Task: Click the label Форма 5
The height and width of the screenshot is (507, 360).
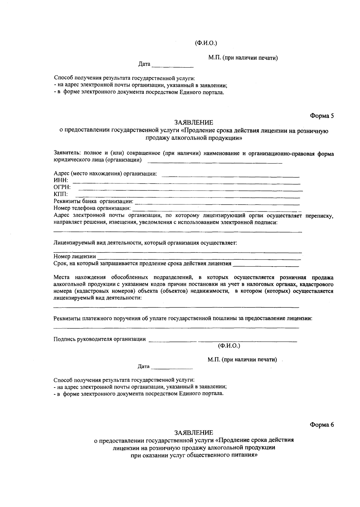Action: pos(322,116)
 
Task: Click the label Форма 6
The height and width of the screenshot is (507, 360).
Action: pos(322,424)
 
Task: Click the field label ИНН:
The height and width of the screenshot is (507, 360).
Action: pos(61,181)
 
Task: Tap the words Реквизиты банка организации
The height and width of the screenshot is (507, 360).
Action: pos(93,201)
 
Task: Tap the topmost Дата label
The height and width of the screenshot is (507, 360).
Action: pos(144,64)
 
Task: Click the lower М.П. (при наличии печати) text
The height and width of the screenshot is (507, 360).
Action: pos(242,360)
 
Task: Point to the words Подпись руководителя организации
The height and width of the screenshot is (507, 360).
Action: pos(100,339)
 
